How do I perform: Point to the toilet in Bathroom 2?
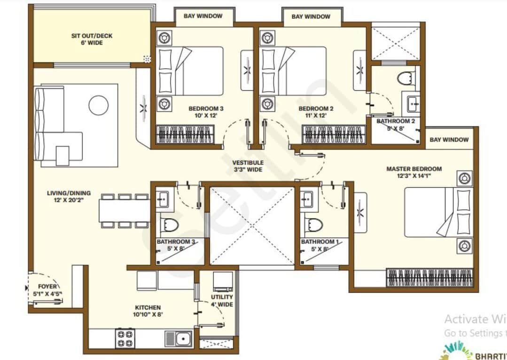coord(406,77)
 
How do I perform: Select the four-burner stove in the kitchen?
coord(125,338)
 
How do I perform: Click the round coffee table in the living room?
coord(99,105)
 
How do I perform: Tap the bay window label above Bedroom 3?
coord(203,16)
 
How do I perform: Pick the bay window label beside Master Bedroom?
coord(449,140)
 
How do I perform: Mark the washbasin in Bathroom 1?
coord(308,198)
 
